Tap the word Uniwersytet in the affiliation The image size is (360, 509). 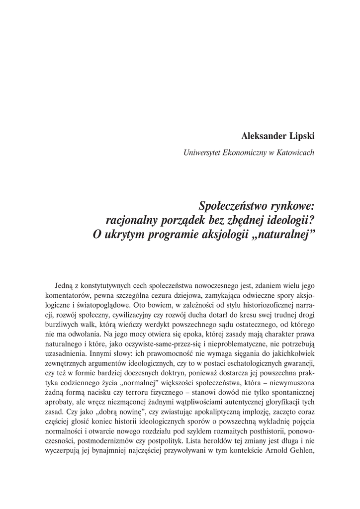(202, 153)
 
